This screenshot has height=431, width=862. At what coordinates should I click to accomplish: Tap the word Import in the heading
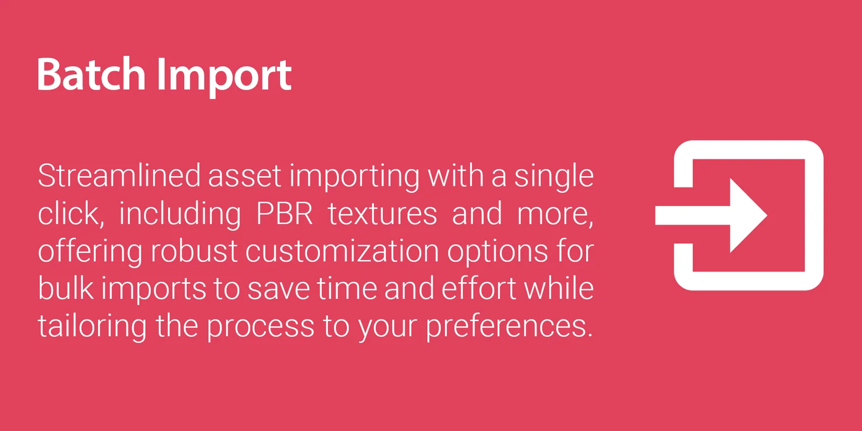[x=224, y=78]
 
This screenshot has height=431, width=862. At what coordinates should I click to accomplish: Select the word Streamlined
[x=119, y=176]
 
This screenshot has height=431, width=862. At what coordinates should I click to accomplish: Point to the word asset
[x=245, y=177]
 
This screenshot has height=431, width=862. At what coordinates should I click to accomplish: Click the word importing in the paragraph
[x=354, y=178]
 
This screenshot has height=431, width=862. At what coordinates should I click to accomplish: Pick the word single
[x=554, y=178]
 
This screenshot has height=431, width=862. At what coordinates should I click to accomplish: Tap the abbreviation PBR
[x=284, y=213]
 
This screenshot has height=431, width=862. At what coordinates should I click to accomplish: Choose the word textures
[x=382, y=214]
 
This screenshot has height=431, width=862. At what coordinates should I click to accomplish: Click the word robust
[x=193, y=251]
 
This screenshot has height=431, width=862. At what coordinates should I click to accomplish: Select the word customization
[x=342, y=252]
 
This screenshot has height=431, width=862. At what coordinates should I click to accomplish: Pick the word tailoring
[x=92, y=326]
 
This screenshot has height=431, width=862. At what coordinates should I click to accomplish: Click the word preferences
[x=509, y=328]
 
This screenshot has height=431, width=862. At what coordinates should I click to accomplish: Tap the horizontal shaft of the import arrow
[x=693, y=215]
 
